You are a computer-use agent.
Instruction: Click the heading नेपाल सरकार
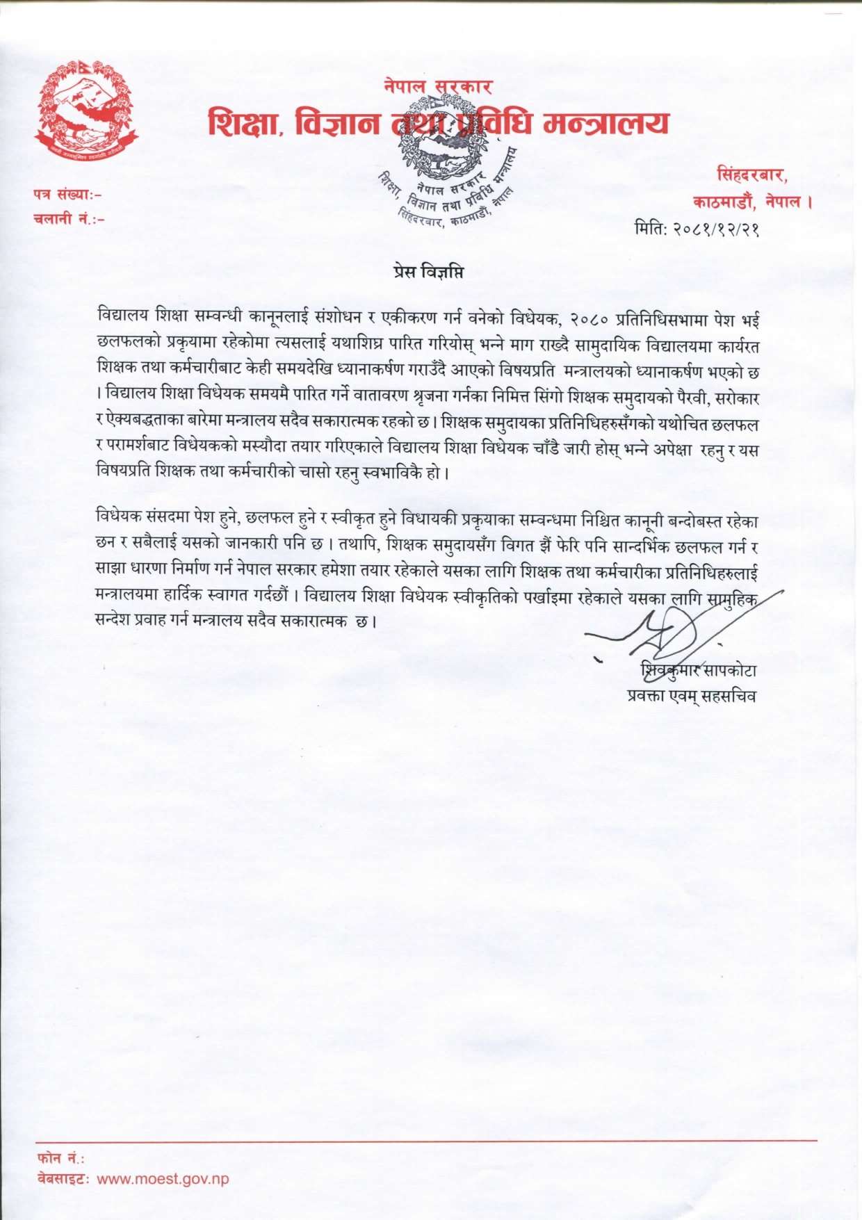(438, 86)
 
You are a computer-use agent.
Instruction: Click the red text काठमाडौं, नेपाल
(751, 202)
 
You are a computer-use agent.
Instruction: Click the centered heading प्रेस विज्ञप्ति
(428, 272)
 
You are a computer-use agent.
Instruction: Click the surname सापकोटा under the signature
(729, 671)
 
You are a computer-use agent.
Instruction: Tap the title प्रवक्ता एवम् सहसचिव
(691, 696)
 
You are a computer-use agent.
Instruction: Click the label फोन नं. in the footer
(60, 1157)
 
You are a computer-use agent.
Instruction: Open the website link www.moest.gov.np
(163, 1179)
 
